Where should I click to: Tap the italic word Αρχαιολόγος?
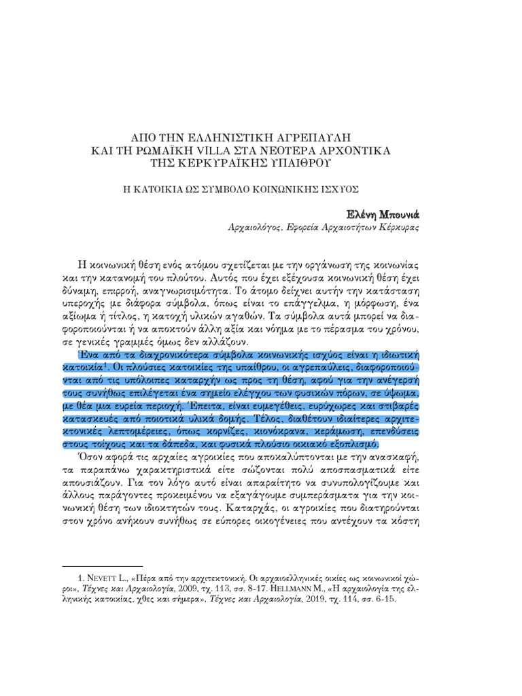pyautogui.click(x=255, y=228)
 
